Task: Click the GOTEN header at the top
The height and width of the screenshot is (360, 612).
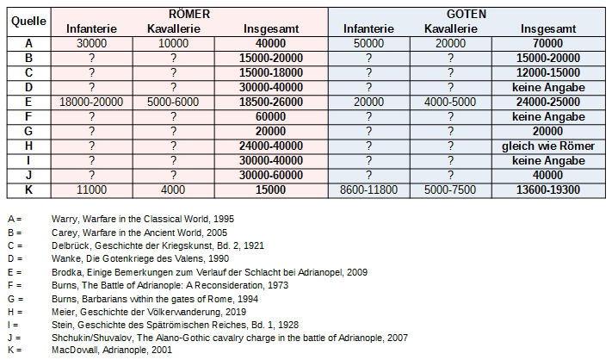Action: coord(467,14)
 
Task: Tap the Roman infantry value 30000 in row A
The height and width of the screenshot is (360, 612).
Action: coord(91,43)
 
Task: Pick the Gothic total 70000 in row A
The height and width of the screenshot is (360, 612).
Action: coord(548,43)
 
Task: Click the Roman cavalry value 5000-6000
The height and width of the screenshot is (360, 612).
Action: coord(173,102)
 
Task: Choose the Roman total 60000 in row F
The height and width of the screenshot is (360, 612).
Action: coord(272,116)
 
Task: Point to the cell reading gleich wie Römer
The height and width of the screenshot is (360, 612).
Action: coord(548,146)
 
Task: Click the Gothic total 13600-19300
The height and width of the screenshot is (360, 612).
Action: coord(548,189)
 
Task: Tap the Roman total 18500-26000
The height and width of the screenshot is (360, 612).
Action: coord(272,102)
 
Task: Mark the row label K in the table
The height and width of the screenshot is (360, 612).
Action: coord(28,189)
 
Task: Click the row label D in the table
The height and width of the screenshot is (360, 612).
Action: coord(28,87)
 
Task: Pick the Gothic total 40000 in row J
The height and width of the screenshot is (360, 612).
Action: coord(548,175)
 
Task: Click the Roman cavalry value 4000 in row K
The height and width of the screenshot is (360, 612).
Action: coord(173,189)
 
